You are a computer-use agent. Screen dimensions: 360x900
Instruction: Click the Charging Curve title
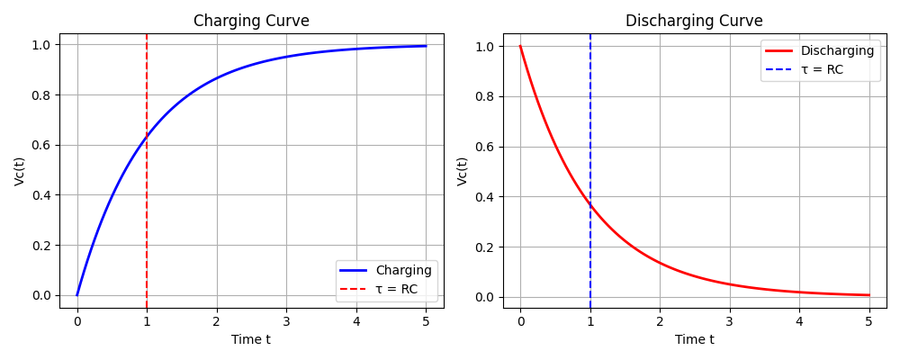point(251,21)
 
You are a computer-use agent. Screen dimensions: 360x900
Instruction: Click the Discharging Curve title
point(694,21)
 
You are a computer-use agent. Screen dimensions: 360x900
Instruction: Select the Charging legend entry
point(404,270)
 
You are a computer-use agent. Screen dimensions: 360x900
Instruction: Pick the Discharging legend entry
point(837,51)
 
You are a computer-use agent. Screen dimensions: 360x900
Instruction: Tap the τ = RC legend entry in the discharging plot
point(822,69)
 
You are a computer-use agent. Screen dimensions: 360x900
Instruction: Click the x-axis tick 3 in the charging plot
point(286,321)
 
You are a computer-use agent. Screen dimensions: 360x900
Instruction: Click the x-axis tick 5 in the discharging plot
point(869,321)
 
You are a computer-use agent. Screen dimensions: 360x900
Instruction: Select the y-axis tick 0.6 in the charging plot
point(42,145)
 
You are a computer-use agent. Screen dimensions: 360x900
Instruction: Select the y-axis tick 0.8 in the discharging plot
point(486,96)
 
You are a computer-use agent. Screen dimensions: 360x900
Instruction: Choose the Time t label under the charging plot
point(251,339)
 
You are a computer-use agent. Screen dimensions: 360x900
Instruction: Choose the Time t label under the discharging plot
point(694,339)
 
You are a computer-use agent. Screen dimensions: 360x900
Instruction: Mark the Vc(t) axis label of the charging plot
point(20,171)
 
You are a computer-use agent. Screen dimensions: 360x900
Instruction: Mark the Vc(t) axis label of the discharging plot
point(463,171)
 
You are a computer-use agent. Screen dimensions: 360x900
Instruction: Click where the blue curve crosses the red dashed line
point(147,137)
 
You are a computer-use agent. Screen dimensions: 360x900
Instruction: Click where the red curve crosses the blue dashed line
point(590,205)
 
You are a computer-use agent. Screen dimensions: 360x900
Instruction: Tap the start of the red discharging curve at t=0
point(520,46)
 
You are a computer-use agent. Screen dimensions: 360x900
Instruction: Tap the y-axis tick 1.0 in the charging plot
point(42,45)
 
